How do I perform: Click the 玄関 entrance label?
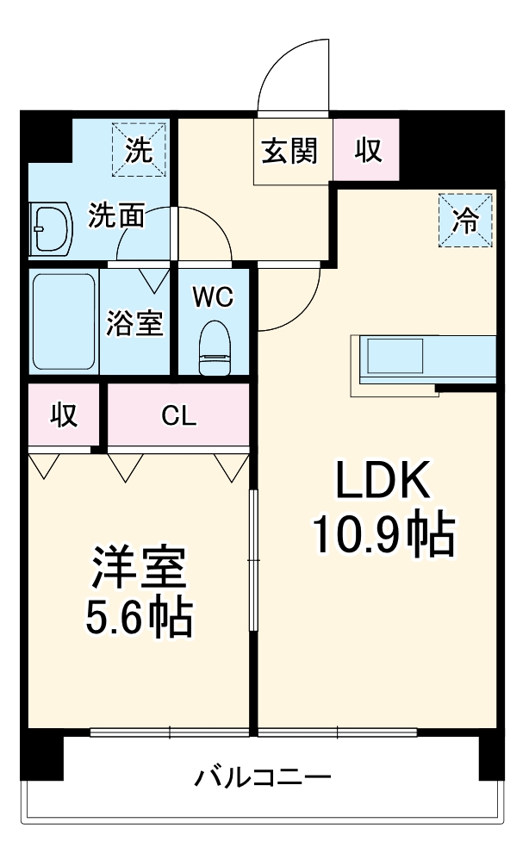(x=290, y=151)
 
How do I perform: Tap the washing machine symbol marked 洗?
(x=138, y=150)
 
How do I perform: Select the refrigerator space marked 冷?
(x=465, y=221)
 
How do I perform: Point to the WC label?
(x=212, y=297)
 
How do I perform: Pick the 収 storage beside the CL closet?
(x=63, y=415)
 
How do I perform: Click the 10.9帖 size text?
(x=382, y=535)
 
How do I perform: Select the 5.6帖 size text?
(x=138, y=618)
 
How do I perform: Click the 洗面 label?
(x=116, y=215)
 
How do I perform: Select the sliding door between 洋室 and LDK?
(x=253, y=560)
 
